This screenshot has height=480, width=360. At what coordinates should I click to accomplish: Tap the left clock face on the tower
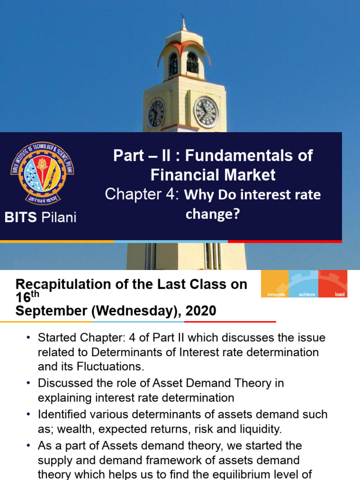pyautogui.click(x=156, y=113)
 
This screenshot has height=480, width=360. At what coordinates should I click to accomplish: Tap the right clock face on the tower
pyautogui.click(x=206, y=112)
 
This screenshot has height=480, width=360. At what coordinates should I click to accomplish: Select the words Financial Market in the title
pyautogui.click(x=213, y=175)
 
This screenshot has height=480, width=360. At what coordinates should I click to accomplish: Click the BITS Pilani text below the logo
pyautogui.click(x=40, y=217)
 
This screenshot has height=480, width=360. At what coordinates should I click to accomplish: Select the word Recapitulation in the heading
pyautogui.click(x=66, y=285)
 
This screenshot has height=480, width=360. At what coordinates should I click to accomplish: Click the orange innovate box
pyautogui.click(x=275, y=284)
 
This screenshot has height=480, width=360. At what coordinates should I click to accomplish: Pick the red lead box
pyautogui.click(x=333, y=284)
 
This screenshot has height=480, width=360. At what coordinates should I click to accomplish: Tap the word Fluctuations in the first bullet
pyautogui.click(x=104, y=366)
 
